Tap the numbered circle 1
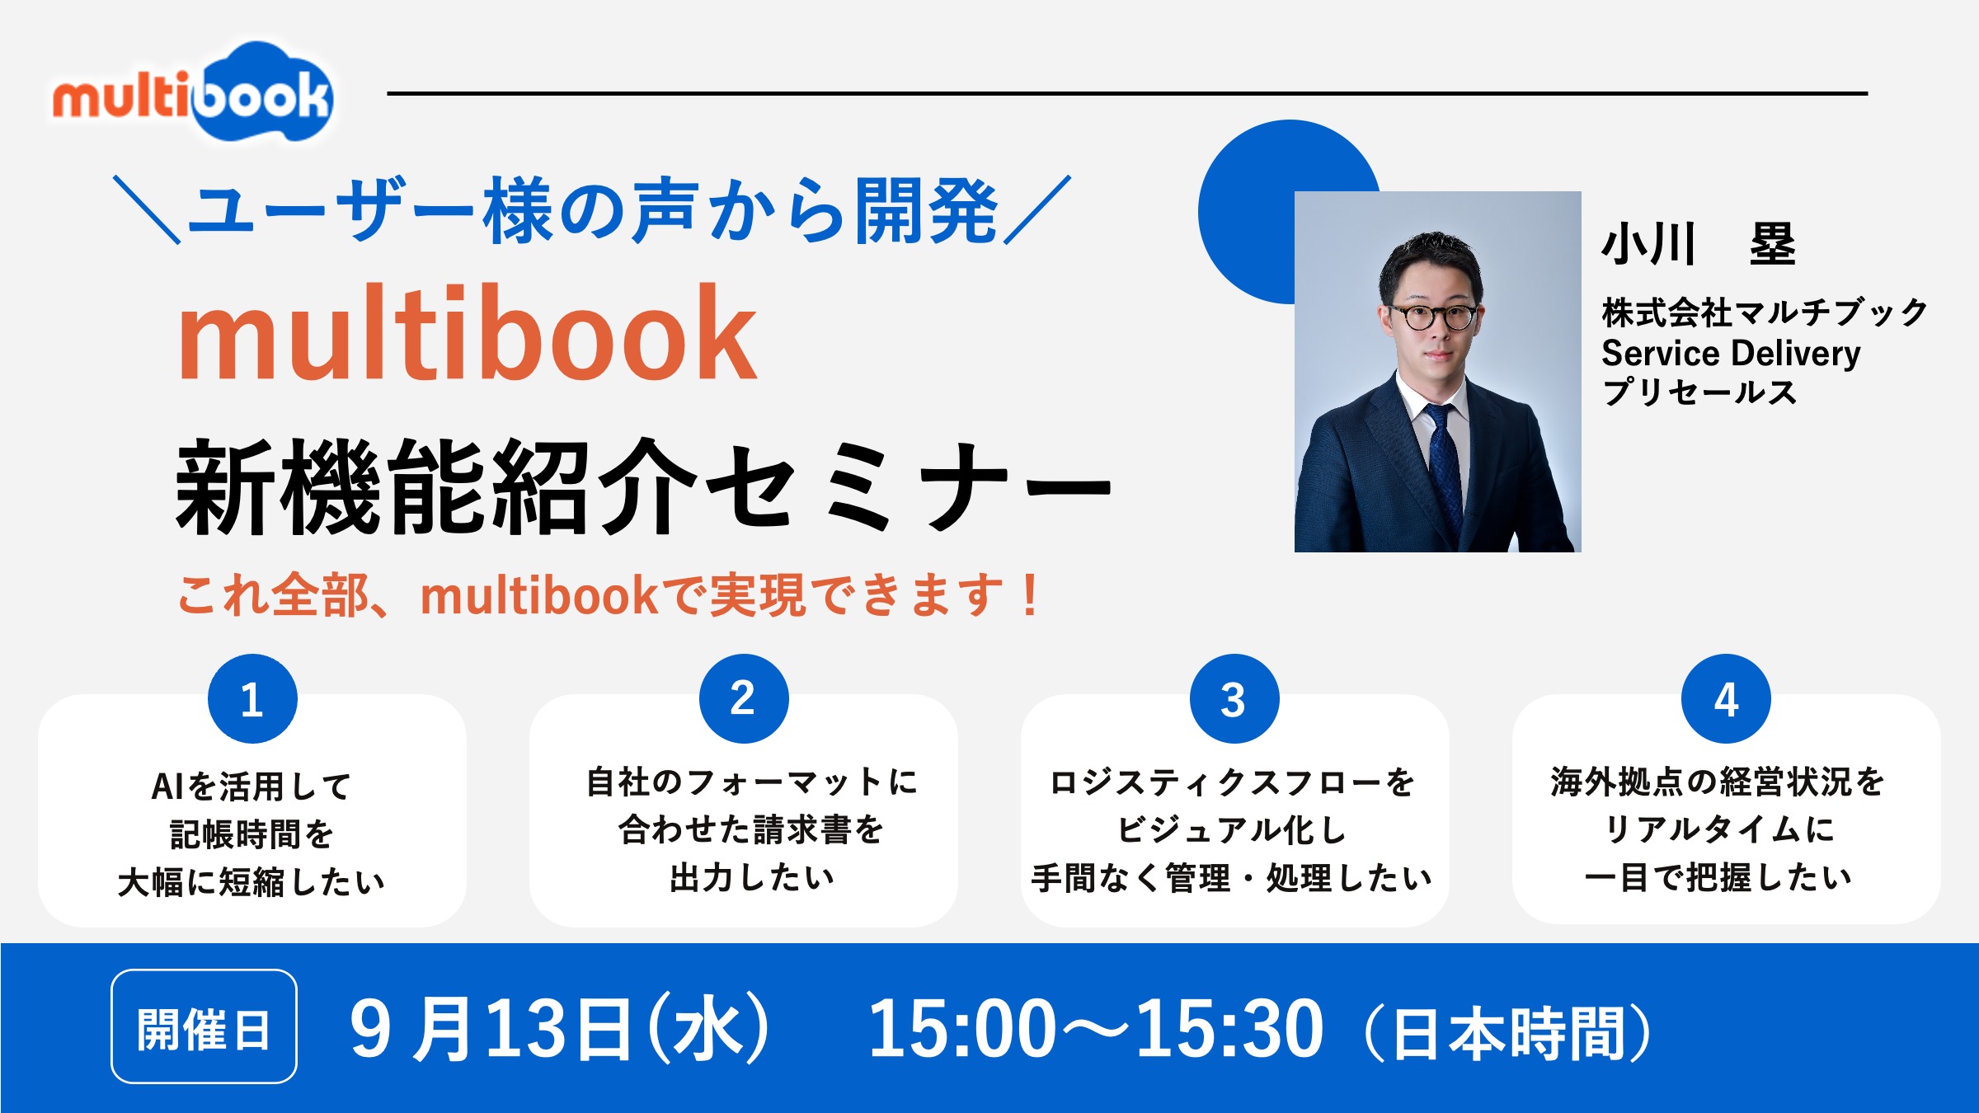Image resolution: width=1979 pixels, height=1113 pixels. point(252,699)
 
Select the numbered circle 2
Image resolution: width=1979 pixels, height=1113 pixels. point(744,699)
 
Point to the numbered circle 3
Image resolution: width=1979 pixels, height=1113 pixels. point(1234,699)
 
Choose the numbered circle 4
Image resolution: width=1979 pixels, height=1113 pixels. point(1726,699)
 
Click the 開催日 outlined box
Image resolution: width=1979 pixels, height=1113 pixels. point(204,1027)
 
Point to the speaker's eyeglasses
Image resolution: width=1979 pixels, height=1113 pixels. point(1433,317)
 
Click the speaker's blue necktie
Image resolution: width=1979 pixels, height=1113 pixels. point(1443,462)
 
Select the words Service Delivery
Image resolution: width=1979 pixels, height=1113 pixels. point(1730,354)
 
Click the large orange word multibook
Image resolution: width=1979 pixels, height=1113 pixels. point(467,334)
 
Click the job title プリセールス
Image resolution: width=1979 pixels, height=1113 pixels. point(1699,392)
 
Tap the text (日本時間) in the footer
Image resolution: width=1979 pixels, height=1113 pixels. point(1508,1032)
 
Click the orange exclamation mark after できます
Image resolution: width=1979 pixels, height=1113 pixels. point(1029,595)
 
